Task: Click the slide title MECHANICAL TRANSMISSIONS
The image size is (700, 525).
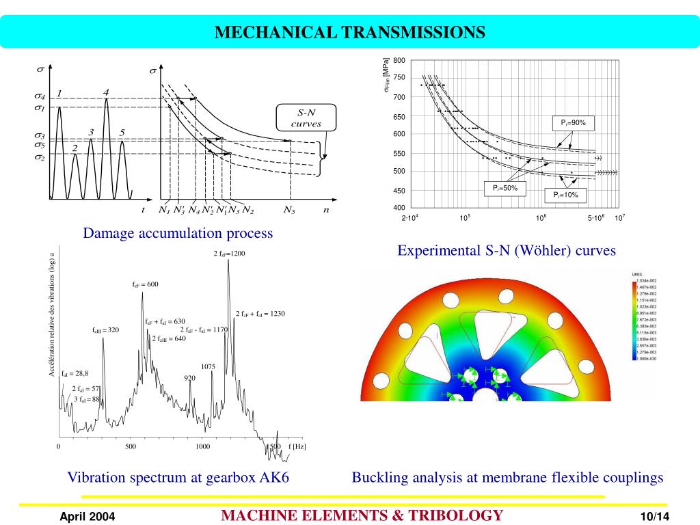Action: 350,32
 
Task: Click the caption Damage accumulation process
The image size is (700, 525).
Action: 178,233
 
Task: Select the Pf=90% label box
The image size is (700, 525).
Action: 574,122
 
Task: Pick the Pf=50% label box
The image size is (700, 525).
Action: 505,187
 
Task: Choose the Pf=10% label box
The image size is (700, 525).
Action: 565,195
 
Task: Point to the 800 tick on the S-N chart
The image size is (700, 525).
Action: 399,61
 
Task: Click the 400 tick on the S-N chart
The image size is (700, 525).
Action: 399,208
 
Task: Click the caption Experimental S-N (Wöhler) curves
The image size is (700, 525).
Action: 507,251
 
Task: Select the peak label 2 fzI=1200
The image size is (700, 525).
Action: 229,254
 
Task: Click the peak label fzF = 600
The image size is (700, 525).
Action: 145,284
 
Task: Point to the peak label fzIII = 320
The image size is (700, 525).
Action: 106,329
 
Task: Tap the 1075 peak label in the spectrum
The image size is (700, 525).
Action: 208,366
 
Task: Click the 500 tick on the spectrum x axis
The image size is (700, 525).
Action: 131,446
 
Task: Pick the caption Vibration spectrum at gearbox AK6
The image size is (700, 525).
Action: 178,477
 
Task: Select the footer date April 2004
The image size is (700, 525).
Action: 87,516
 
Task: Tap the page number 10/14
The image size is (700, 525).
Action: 654,516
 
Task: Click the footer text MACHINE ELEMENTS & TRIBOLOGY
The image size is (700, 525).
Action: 362,515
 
